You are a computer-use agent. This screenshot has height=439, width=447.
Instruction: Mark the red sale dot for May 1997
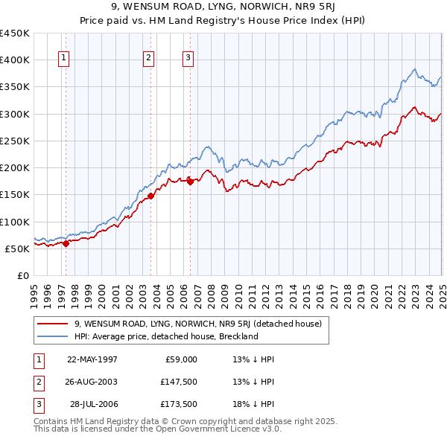66,243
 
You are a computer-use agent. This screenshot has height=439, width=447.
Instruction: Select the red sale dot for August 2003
150,196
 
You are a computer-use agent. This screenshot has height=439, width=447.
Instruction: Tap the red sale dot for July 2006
190,181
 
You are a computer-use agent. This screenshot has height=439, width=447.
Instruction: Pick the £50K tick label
18,249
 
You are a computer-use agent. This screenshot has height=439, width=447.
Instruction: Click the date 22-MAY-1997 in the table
92,359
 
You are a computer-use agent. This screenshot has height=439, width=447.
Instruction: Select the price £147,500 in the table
178,382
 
